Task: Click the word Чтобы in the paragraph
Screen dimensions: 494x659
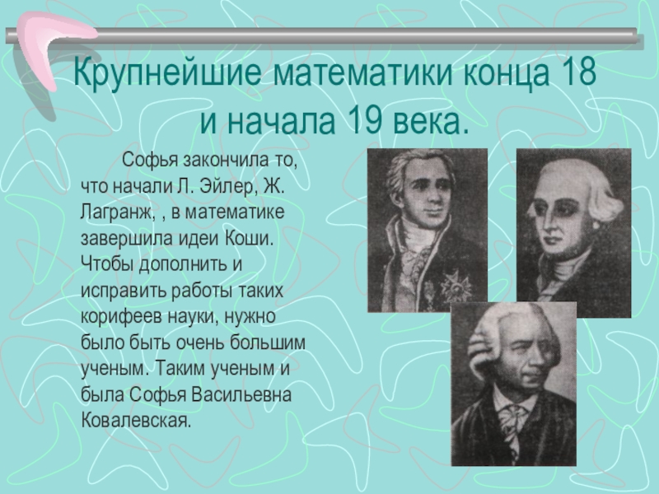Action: click(x=105, y=265)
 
